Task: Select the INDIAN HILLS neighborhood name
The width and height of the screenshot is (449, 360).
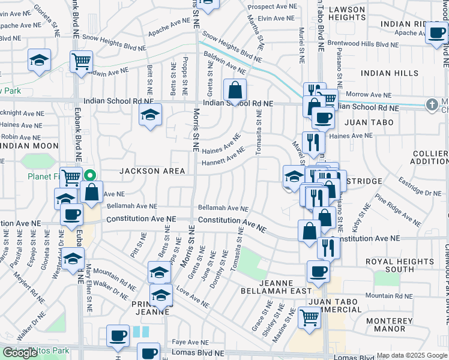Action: (x=390, y=73)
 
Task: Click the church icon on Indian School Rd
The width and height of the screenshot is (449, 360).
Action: (x=431, y=105)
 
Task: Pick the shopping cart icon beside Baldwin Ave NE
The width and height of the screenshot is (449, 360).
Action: (x=81, y=60)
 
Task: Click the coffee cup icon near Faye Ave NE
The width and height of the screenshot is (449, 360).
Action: (x=118, y=335)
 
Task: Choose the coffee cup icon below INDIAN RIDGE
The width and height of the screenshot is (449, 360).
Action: (x=436, y=33)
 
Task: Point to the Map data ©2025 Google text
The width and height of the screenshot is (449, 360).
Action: (x=412, y=356)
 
